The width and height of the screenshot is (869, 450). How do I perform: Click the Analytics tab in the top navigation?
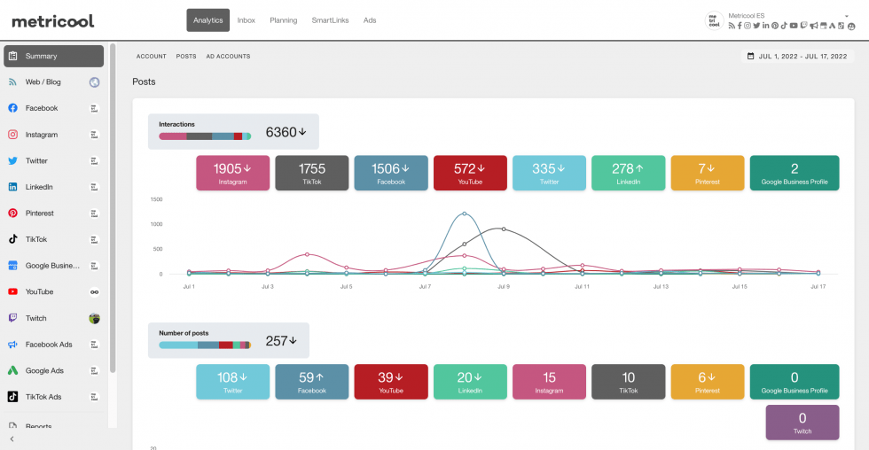207,20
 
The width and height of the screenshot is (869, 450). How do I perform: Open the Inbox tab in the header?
246,20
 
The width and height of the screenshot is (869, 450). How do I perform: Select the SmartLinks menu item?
329,20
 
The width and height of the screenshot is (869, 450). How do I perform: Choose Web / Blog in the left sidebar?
43,82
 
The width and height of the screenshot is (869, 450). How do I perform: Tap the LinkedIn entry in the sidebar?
39,187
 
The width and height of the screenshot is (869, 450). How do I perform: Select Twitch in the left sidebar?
36,318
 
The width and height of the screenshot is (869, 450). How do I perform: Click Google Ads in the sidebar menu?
44,370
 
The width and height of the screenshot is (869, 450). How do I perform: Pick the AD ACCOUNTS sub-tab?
228,56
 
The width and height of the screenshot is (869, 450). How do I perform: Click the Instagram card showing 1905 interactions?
232,173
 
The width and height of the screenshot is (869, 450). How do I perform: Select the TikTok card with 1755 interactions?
311,173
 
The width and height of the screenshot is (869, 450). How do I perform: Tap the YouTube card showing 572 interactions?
470,173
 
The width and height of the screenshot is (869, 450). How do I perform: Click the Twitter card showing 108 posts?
232,381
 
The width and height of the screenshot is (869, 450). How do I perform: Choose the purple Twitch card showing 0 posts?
802,423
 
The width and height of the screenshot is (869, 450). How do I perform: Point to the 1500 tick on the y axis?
156,199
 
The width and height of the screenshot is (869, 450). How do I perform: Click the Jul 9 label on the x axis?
504,287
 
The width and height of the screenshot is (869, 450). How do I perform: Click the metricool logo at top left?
52,20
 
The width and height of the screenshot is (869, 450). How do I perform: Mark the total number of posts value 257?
280,340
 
